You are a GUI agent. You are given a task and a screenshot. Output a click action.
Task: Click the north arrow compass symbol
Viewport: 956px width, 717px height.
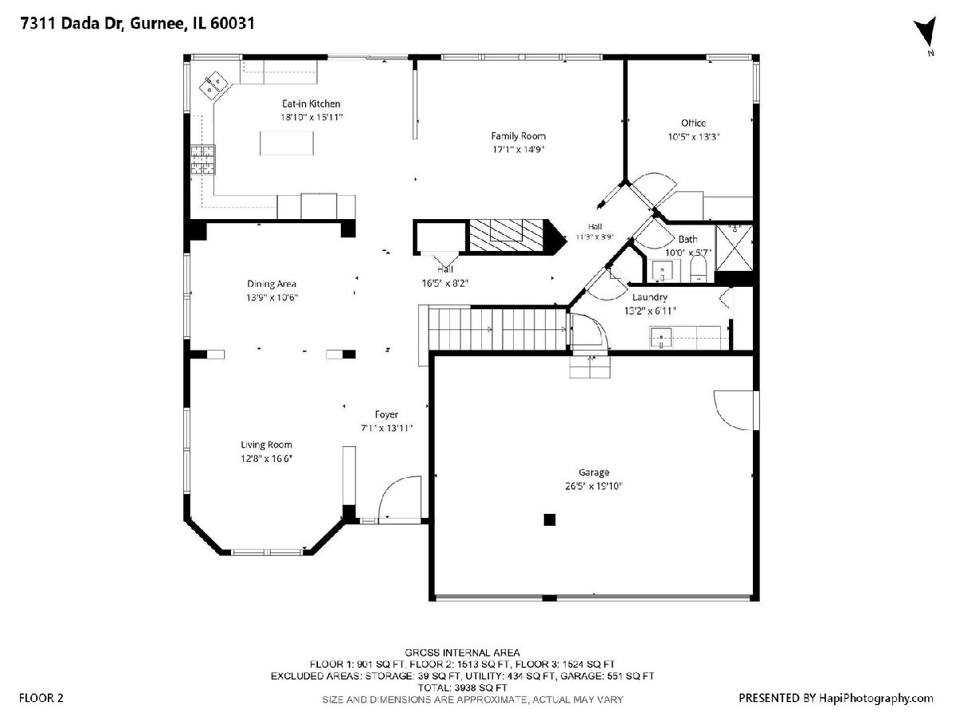coord(926,31)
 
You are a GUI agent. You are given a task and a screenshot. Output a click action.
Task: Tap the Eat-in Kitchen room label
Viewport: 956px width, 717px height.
coord(311,104)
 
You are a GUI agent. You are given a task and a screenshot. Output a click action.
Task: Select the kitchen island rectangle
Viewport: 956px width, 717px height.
coord(287,143)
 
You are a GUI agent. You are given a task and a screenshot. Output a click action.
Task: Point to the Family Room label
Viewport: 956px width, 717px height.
coord(519,135)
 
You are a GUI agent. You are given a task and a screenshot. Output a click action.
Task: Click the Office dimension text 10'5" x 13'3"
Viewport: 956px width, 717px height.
coord(694,137)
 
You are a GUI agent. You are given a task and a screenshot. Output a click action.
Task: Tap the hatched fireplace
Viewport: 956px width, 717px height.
coord(506,236)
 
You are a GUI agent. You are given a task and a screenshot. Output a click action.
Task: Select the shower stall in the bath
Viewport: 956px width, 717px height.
coord(735,247)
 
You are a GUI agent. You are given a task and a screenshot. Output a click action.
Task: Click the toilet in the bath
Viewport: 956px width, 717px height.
coord(698,268)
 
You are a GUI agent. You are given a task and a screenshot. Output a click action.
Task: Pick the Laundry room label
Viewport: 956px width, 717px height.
coord(650,297)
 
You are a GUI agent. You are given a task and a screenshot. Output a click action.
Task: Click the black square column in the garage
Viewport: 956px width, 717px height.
coord(550,519)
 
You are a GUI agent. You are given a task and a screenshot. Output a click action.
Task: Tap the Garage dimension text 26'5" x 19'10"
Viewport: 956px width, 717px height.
coord(594,486)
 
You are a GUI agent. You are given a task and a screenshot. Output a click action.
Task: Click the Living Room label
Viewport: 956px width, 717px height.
coord(267,445)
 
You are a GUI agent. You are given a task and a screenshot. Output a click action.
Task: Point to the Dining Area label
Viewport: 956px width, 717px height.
coord(272,284)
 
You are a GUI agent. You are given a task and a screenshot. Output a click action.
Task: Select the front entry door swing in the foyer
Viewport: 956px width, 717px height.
coord(400,498)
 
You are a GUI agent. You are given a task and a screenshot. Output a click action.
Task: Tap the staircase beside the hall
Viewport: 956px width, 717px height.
coord(497,328)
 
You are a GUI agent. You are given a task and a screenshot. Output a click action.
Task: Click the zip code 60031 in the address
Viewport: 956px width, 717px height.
coord(233,23)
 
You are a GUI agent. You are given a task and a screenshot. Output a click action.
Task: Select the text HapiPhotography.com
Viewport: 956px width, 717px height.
coord(876,699)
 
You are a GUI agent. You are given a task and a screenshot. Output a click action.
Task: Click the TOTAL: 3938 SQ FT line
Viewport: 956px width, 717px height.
coord(463,688)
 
